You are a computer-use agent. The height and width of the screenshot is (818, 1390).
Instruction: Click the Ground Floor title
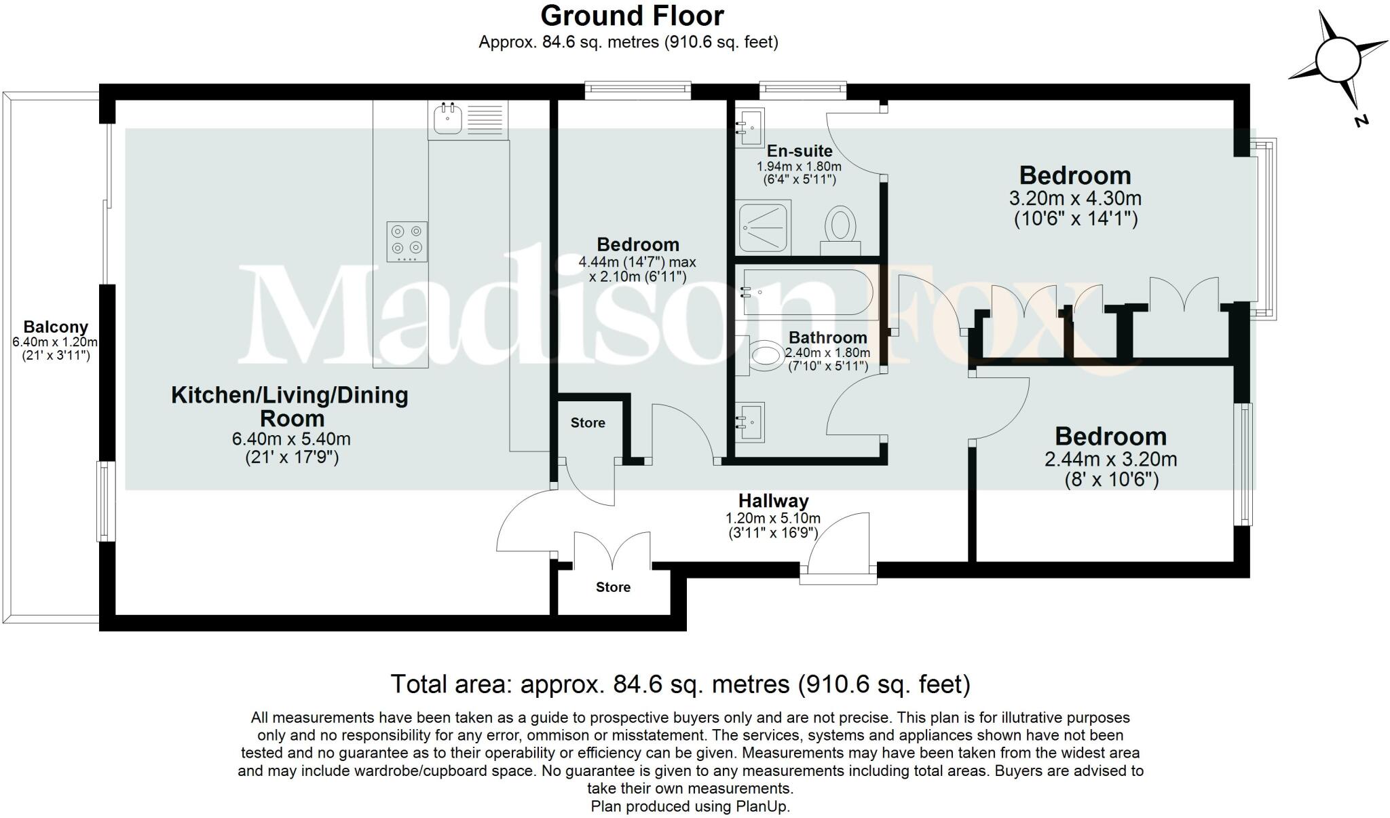coord(632,16)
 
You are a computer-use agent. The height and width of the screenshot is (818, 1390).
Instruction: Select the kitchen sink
coord(448,120)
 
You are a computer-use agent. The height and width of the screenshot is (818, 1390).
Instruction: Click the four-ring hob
coord(407,241)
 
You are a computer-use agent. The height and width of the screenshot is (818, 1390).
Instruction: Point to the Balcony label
coord(56,327)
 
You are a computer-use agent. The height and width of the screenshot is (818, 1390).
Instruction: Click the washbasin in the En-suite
coord(750,127)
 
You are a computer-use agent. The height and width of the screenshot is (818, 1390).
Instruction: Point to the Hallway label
coord(773,501)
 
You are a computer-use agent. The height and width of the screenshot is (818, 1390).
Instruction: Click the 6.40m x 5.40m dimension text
coord(291,439)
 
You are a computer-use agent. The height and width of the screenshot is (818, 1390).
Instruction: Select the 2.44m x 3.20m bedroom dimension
coord(1110,460)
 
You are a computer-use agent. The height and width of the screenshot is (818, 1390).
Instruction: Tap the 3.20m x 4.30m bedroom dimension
coord(1075,199)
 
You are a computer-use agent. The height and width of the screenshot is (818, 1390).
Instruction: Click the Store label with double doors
coord(613,587)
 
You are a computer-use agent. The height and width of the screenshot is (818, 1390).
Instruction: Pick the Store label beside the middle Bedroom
coord(588,423)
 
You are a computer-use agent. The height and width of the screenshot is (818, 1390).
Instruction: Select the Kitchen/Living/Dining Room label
coord(290,406)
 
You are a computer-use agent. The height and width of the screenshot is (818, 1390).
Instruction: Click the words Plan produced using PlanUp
coord(690,806)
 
